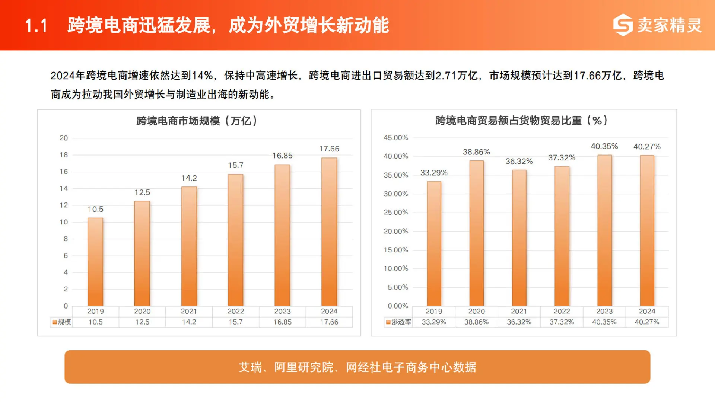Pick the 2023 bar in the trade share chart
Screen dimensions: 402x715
pyautogui.click(x=604, y=230)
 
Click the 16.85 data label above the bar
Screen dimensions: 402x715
pyautogui.click(x=282, y=156)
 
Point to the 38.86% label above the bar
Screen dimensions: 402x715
pyautogui.click(x=476, y=152)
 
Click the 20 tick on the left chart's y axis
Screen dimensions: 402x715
pyautogui.click(x=64, y=138)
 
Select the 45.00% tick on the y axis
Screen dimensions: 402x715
pyautogui.click(x=396, y=138)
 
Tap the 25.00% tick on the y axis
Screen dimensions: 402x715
pyautogui.click(x=396, y=213)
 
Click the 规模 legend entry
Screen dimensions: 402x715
pyautogui.click(x=62, y=322)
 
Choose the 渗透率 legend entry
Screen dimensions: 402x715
pyautogui.click(x=399, y=322)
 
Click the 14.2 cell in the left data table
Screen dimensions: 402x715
pyautogui.click(x=189, y=322)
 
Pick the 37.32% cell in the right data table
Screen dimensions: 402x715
pyautogui.click(x=562, y=322)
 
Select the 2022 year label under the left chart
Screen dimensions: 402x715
pyautogui.click(x=236, y=311)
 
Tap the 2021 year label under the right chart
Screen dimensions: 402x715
pyautogui.click(x=519, y=311)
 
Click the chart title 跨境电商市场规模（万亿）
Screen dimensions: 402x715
pyautogui.click(x=197, y=121)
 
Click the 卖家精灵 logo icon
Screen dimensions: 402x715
pyautogui.click(x=623, y=25)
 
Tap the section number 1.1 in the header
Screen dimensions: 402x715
pyautogui.click(x=36, y=26)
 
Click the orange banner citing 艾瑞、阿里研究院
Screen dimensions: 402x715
pyautogui.click(x=357, y=367)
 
